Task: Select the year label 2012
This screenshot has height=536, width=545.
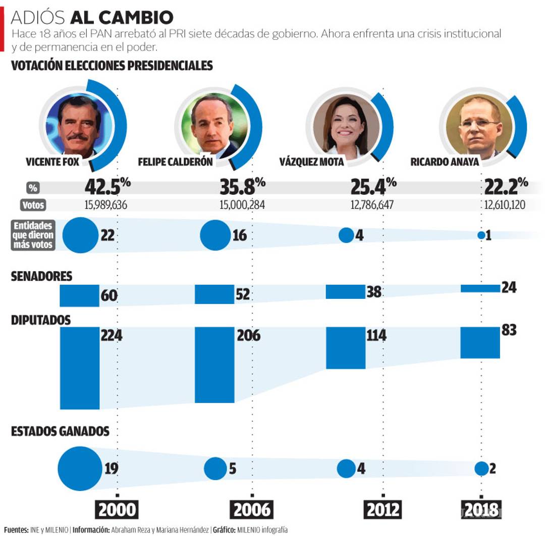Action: coord(382,510)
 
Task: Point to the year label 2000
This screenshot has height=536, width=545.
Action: coord(117,510)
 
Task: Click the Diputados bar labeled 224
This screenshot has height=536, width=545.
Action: coord(80,368)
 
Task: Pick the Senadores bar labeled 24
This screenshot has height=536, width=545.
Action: coord(480,288)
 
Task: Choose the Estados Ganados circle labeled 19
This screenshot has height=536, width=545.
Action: coord(80,469)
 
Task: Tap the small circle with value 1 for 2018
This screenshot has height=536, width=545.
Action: coord(481,236)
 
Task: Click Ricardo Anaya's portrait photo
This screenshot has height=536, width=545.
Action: coord(476,127)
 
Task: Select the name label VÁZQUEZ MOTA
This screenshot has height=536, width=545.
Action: coord(311,163)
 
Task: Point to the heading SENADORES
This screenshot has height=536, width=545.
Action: coord(41,277)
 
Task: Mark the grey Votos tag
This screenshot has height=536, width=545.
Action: coord(33,205)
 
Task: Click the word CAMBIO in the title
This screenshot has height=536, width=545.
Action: coord(136,18)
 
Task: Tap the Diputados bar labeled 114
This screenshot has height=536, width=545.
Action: coord(345,348)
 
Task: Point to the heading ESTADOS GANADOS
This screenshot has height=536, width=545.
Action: coord(60,432)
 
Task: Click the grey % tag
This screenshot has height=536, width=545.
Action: coord(33,188)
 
